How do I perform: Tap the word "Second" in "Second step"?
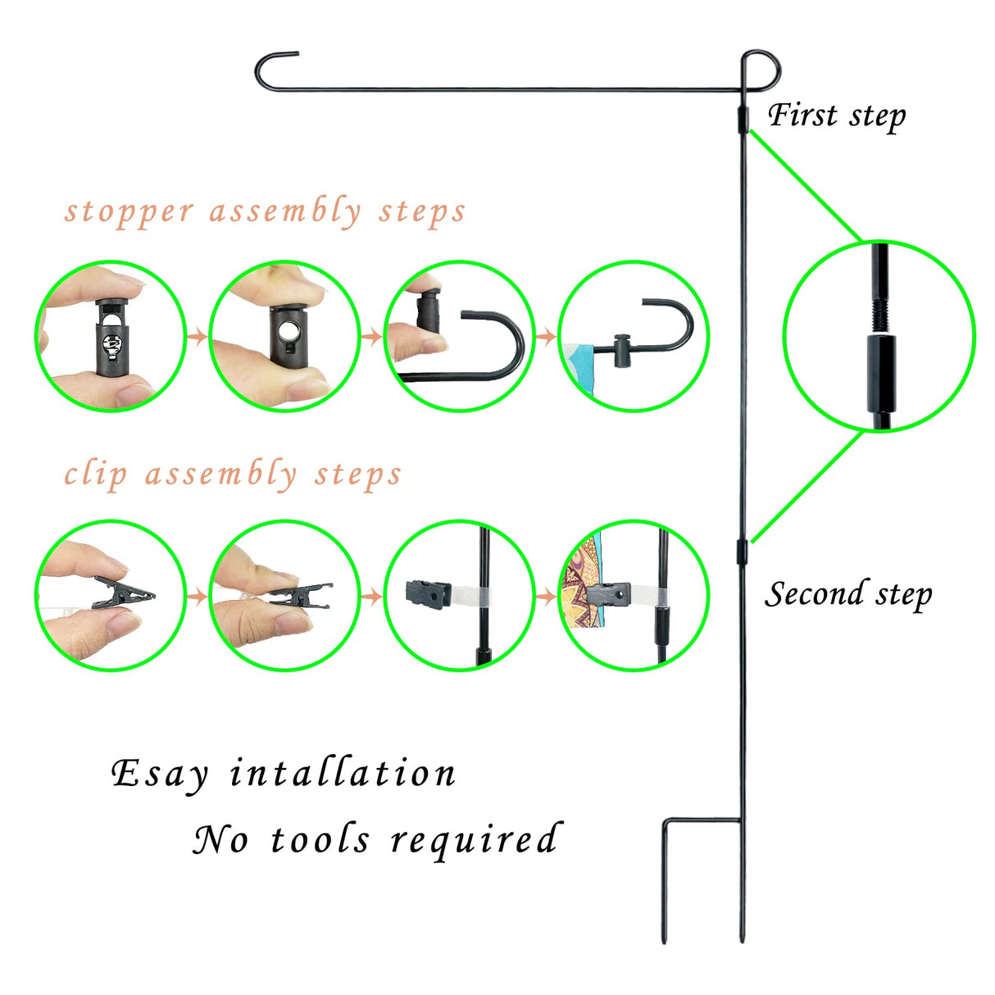point(814,593)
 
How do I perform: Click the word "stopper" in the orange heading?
point(129,212)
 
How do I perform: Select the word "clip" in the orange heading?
point(96,474)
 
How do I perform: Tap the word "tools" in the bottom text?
point(320,839)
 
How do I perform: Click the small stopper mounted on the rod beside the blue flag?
point(623,350)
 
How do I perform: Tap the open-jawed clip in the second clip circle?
point(299,594)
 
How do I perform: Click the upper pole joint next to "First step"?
point(743,120)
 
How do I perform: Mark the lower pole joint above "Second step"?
point(743,552)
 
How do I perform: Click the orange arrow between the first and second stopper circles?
point(197,337)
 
